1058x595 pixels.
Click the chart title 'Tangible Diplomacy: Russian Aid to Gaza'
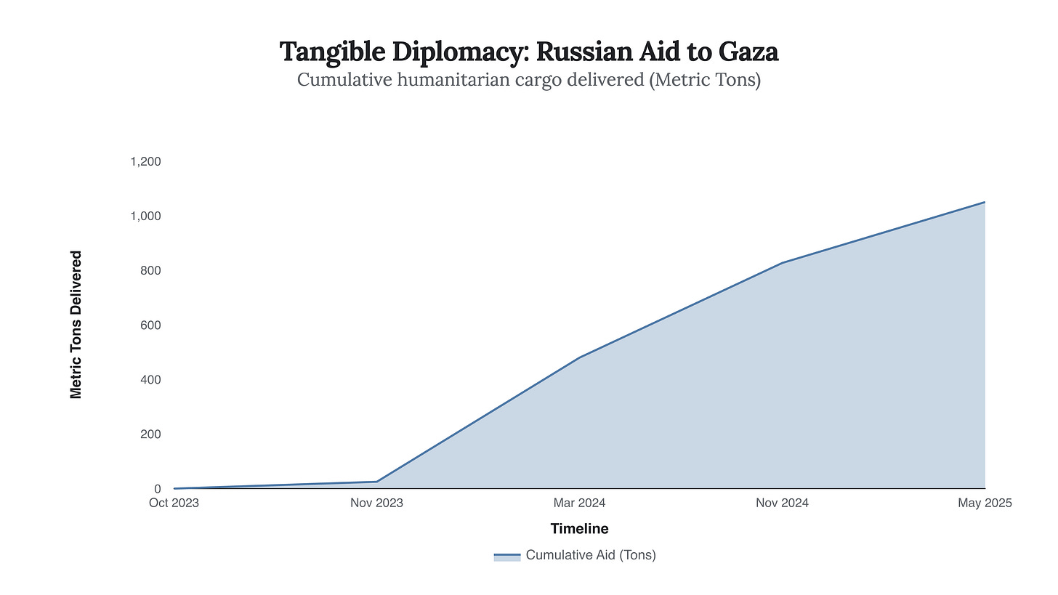tap(529, 52)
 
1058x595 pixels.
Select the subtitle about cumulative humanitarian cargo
tap(529, 80)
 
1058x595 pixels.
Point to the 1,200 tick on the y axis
tap(145, 161)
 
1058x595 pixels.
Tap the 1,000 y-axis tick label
tap(145, 216)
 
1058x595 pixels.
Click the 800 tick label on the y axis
tap(150, 270)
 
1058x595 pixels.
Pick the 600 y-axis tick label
tap(150, 325)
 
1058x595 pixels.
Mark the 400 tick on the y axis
tap(150, 379)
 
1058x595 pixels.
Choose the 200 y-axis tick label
tap(150, 434)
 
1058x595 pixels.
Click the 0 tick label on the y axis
tap(157, 489)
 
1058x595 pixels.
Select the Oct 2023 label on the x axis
tap(174, 503)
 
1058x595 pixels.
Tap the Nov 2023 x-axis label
tap(377, 503)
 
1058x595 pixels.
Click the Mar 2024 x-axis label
tap(580, 503)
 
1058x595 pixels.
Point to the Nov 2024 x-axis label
tap(783, 503)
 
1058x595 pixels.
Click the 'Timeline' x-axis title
tap(579, 529)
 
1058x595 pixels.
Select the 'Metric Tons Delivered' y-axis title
tap(76, 325)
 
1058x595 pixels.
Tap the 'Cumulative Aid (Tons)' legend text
tap(591, 555)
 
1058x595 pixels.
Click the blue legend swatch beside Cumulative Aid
tap(507, 556)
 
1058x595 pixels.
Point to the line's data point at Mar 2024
tap(580, 357)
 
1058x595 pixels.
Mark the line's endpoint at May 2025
tap(985, 202)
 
